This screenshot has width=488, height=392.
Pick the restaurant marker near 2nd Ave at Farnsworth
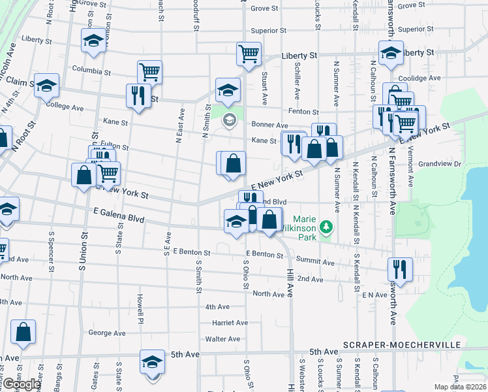coord(399,268)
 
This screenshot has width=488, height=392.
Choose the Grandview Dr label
coord(440,164)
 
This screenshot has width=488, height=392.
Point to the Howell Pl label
coord(140,309)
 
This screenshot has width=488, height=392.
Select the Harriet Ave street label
coord(230,323)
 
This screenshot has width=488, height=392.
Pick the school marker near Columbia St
coord(94,41)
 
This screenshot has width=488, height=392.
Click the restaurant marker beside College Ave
coord(138,95)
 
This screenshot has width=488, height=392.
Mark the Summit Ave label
coord(315,263)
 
